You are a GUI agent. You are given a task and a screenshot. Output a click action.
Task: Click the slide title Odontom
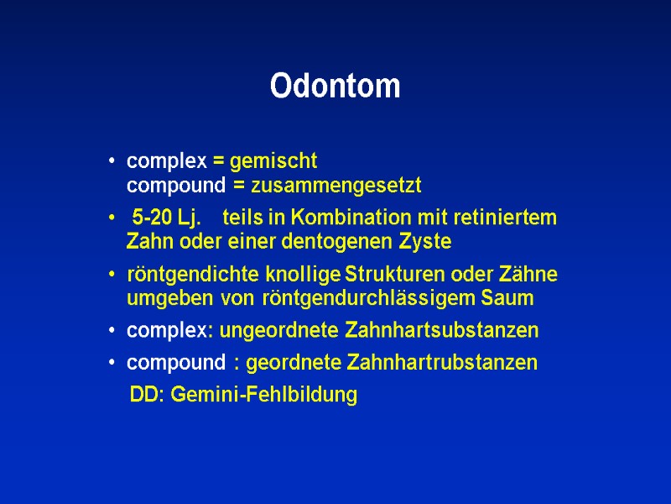(x=335, y=87)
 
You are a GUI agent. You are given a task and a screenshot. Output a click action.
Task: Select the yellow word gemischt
(x=273, y=161)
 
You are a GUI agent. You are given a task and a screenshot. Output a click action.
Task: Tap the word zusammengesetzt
(x=336, y=185)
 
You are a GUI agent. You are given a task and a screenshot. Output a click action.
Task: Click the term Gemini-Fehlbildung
(x=264, y=395)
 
